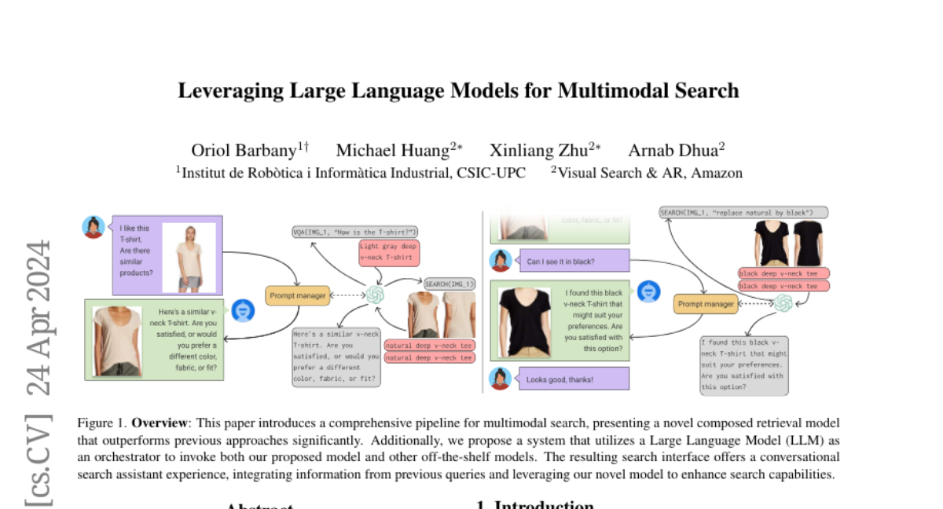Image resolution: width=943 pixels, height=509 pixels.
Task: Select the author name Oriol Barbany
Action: (x=243, y=151)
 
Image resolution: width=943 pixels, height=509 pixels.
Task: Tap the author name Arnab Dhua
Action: (x=672, y=151)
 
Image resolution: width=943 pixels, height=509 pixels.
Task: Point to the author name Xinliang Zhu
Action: (x=538, y=151)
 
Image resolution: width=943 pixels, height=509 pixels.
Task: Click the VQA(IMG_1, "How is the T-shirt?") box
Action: (x=355, y=232)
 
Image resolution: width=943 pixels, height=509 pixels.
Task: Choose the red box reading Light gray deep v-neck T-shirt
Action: (x=388, y=252)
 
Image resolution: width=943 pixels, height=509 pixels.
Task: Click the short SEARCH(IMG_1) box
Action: (x=449, y=284)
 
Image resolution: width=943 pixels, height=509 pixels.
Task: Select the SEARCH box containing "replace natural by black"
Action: (x=743, y=212)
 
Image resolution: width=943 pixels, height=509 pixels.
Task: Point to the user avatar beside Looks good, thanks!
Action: (x=499, y=379)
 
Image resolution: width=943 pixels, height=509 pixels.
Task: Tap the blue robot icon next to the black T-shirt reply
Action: (x=648, y=292)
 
